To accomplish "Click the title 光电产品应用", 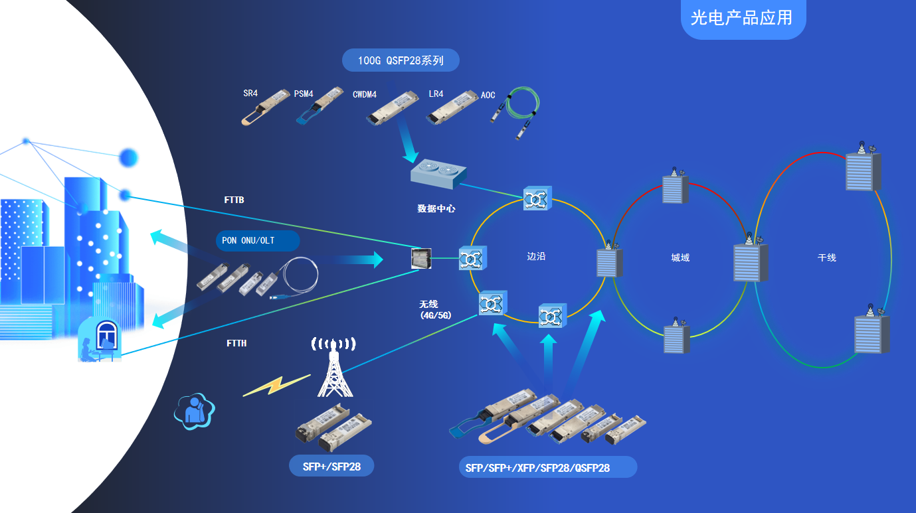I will pos(742,18).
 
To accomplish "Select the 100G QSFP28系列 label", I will pos(401,60).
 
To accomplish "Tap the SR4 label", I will pos(250,94).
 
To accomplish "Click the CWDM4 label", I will pos(365,95).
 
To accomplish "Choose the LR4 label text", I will pos(436,94).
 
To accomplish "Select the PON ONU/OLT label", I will pos(257,240).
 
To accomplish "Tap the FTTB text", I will pos(234,199).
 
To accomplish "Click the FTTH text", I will pos(236,343).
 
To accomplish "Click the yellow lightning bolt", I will pos(276,385).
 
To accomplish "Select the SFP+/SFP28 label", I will pos(331,467).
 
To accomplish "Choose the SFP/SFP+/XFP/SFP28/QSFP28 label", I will pos(537,468).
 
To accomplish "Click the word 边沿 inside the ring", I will pos(536,256).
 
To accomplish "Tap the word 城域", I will pos(680,257).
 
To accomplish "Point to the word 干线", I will pos(827,257).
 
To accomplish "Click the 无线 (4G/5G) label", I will pos(435,310).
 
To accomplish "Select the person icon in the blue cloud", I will pos(195,411).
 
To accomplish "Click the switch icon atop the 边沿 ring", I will pos(537,198).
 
